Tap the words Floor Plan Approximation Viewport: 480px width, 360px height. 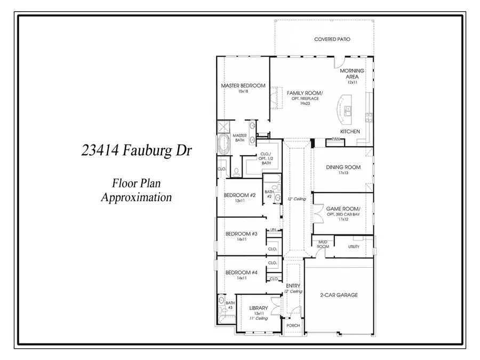[x=137, y=190]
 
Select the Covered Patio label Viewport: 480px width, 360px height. [x=332, y=39]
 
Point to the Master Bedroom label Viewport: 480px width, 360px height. [x=243, y=85]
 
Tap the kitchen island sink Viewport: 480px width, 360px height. [x=348, y=111]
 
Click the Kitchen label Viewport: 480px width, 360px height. [x=350, y=131]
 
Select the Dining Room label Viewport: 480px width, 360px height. [x=343, y=167]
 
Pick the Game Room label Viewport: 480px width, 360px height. [x=343, y=209]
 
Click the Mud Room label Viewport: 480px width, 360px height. [x=323, y=244]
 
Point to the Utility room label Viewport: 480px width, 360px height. [x=354, y=246]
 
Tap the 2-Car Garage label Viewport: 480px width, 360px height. [x=339, y=295]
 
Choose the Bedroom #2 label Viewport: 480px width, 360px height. [x=240, y=195]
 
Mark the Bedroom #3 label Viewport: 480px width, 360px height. [x=241, y=234]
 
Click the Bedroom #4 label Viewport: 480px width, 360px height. [x=241, y=273]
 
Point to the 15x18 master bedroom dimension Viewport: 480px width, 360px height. [x=243, y=92]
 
